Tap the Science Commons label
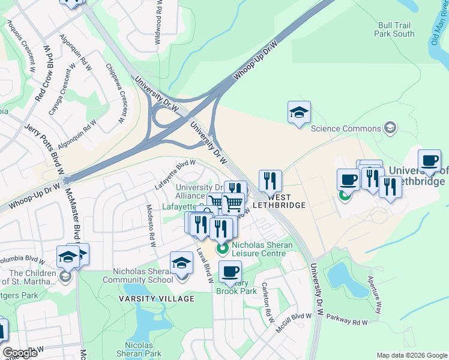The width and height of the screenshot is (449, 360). (345, 128)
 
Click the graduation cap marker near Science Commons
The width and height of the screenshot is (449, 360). (299, 112)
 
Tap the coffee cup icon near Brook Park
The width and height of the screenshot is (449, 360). (230, 271)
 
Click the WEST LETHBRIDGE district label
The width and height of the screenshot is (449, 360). (279, 201)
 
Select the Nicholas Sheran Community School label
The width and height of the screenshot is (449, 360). (137, 275)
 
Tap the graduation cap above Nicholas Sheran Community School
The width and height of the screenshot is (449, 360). (181, 262)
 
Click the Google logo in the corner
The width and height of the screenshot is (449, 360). (19, 353)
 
